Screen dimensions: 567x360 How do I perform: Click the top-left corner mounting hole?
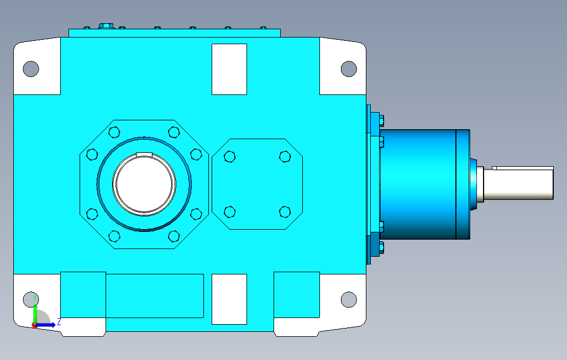point(31,68)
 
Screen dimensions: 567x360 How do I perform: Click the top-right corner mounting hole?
point(349,68)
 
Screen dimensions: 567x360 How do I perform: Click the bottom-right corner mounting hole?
point(349,299)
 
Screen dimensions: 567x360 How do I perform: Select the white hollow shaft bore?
point(144,184)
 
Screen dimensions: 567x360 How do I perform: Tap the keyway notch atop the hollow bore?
point(144,155)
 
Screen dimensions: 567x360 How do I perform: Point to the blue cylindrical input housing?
point(425,184)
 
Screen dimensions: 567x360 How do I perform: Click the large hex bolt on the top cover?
point(106,25)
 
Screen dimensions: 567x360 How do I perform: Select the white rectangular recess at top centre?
point(229,70)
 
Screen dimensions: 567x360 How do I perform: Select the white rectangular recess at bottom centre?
point(229,299)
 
